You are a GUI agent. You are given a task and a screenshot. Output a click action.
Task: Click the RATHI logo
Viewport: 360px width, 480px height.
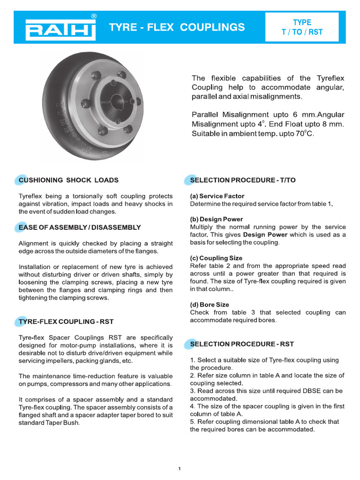pos(60,30)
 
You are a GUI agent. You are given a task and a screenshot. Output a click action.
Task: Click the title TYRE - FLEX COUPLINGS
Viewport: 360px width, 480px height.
pos(177,27)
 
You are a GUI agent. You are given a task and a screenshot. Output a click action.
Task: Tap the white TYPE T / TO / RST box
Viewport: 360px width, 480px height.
pos(302,27)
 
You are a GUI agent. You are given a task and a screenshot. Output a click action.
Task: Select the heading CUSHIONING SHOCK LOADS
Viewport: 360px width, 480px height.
pos(68,180)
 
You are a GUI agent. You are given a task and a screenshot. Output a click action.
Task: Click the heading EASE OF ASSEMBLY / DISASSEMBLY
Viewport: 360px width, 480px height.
pos(80,227)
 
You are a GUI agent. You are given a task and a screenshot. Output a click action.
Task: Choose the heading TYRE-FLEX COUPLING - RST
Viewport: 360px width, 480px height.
pos(66,322)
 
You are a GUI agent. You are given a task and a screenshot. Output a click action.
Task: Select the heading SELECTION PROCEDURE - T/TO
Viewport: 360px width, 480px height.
pos(243,180)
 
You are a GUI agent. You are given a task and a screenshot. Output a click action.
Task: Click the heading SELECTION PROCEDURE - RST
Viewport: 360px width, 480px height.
pos(242,344)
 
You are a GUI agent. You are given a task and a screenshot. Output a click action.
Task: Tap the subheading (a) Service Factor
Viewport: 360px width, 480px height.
pos(217,196)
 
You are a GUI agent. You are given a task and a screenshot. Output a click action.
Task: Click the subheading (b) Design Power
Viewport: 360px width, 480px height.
pos(217,219)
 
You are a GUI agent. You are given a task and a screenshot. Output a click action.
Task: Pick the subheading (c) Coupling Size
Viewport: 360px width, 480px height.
pos(216,258)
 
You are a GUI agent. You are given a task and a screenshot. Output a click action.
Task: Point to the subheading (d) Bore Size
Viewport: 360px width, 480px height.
pos(210,305)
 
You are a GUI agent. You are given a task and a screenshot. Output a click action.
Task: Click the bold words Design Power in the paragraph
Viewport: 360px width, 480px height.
pos(265,235)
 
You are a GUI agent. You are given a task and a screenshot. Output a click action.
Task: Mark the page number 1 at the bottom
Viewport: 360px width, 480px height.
pos(180,468)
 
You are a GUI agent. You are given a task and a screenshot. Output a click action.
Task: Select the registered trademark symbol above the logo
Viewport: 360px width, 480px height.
pos(94,16)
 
